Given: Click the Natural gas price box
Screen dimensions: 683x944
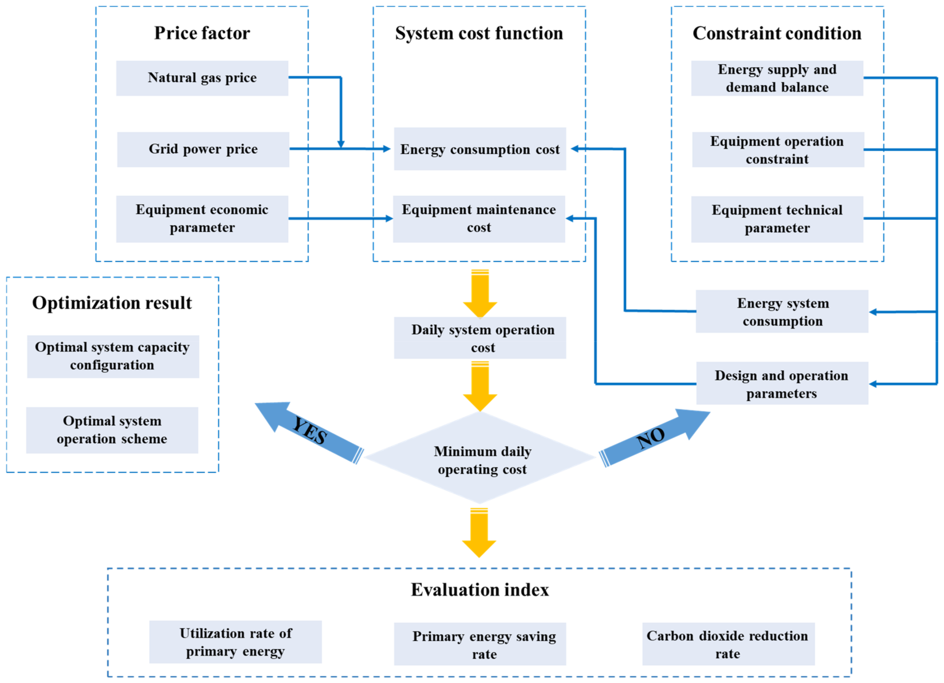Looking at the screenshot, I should pos(202,78).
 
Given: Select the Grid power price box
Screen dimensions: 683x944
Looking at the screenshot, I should pos(203,149).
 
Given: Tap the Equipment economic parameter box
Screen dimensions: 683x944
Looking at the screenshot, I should pos(202,219).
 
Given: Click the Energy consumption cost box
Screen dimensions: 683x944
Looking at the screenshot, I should pos(480,149).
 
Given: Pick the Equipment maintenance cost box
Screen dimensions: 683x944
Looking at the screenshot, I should pos(479,219).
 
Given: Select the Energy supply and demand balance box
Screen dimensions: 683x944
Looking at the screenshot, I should pos(777,78).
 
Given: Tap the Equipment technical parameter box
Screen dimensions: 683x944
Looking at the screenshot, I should pos(777,219).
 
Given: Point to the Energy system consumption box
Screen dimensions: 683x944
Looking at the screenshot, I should pos(782,312).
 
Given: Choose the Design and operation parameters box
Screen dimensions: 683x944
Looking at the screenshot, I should pos(782,383).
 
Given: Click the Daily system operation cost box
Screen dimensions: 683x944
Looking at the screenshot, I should pos(480,338).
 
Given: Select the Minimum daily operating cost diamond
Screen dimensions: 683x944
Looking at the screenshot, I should pos(480,458).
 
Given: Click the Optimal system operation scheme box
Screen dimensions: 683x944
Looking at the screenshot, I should pos(112,430).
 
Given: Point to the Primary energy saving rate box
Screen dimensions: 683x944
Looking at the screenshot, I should pos(480,644).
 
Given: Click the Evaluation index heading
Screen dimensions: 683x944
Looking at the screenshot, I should pos(480,590).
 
